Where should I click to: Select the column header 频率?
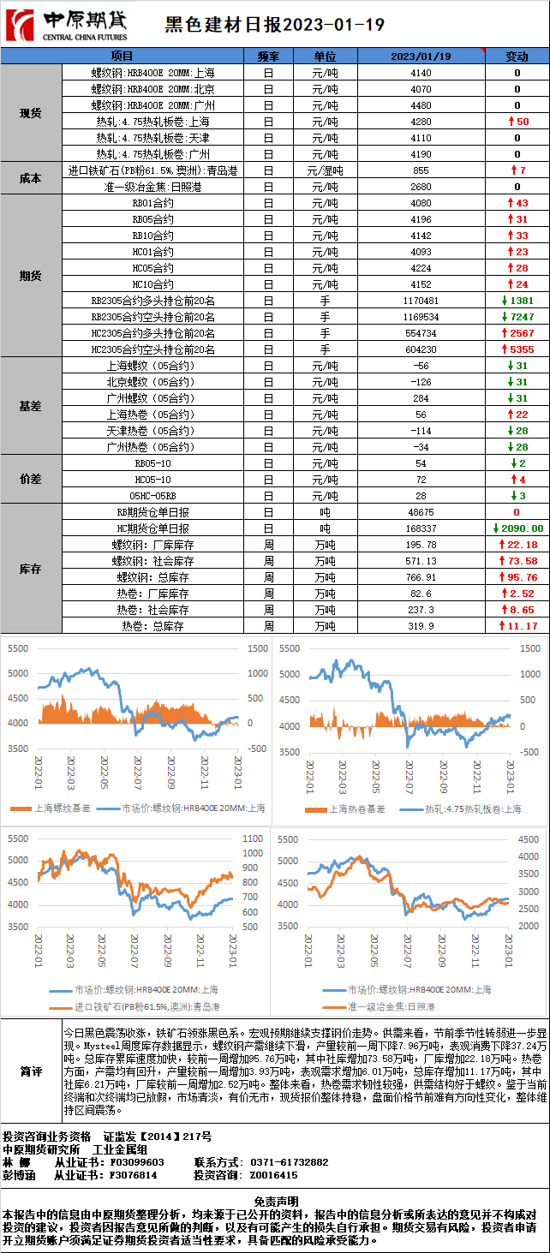(x=268, y=57)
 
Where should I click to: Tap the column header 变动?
(x=517, y=57)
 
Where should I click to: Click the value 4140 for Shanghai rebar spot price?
(x=421, y=73)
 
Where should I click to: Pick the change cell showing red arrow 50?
(x=517, y=122)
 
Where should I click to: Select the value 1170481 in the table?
(x=421, y=301)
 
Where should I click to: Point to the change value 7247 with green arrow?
(x=517, y=317)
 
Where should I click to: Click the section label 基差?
(x=31, y=406)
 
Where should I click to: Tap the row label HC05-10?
(x=153, y=479)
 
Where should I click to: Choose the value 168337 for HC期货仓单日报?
(x=421, y=528)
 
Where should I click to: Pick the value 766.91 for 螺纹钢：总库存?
(x=421, y=577)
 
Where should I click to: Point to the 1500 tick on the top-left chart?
(x=255, y=649)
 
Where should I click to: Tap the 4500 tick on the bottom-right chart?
(x=529, y=838)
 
